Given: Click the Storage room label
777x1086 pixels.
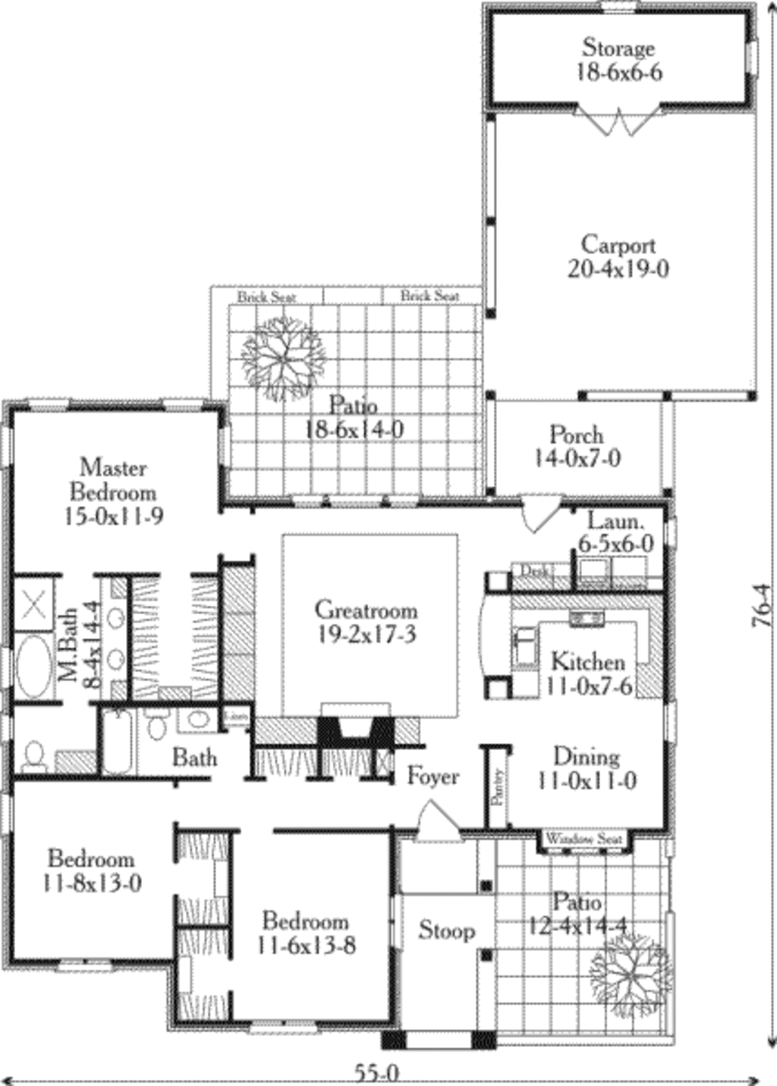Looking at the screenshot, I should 618,60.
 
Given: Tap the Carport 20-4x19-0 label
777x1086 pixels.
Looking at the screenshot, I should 618,257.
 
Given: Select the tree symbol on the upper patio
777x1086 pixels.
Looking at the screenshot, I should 282,358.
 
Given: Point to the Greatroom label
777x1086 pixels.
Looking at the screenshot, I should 366,622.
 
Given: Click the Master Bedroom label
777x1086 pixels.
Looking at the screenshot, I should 113,491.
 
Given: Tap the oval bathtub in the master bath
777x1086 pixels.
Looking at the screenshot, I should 33,666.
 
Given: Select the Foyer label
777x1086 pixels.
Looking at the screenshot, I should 433,777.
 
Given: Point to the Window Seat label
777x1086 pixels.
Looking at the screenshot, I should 584,839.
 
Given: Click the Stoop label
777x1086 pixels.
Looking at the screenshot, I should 447,931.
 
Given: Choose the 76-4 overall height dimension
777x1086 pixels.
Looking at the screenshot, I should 762,605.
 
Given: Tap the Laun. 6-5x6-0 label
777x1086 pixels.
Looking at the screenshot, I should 615,532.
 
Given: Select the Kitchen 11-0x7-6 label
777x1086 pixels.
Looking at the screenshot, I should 588,673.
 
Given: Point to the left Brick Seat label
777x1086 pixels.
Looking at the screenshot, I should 266,297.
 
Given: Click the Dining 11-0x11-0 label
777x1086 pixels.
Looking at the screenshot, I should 586,768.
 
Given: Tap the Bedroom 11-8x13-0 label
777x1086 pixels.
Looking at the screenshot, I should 92,871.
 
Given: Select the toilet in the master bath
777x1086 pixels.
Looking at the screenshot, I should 34,755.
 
